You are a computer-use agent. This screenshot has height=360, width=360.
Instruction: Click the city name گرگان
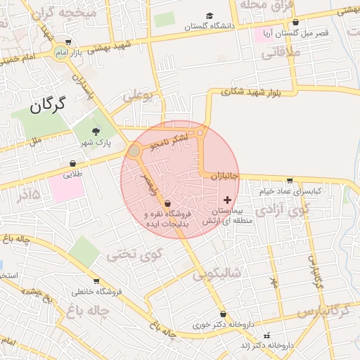pyautogui.click(x=48, y=106)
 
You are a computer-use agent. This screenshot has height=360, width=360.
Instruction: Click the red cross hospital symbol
pyautogui.click(x=226, y=200)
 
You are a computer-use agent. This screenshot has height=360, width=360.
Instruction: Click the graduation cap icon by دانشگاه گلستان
pyautogui.click(x=210, y=15)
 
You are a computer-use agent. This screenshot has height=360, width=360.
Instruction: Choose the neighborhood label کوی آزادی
pyautogui.click(x=281, y=210)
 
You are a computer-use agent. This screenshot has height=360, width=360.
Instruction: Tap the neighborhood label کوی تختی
pyautogui.click(x=135, y=255)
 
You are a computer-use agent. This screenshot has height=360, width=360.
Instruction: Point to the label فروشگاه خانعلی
pyautogui.click(x=97, y=291)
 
